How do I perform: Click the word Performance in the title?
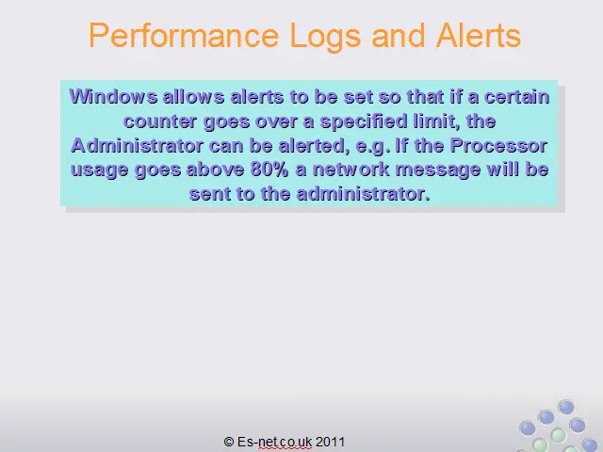click(184, 36)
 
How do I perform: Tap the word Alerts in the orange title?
click(478, 36)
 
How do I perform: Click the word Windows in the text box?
click(113, 96)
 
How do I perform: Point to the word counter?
click(160, 121)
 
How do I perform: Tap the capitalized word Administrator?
click(137, 145)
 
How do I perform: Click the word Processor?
click(498, 145)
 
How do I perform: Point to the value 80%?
click(269, 169)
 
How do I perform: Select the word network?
click(351, 169)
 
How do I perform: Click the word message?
click(438, 170)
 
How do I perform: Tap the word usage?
click(99, 170)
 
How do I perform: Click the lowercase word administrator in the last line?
click(363, 194)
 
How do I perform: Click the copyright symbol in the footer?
click(229, 442)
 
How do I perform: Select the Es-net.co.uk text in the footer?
click(274, 442)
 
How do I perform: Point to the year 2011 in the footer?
click(331, 442)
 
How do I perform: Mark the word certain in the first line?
click(517, 96)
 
